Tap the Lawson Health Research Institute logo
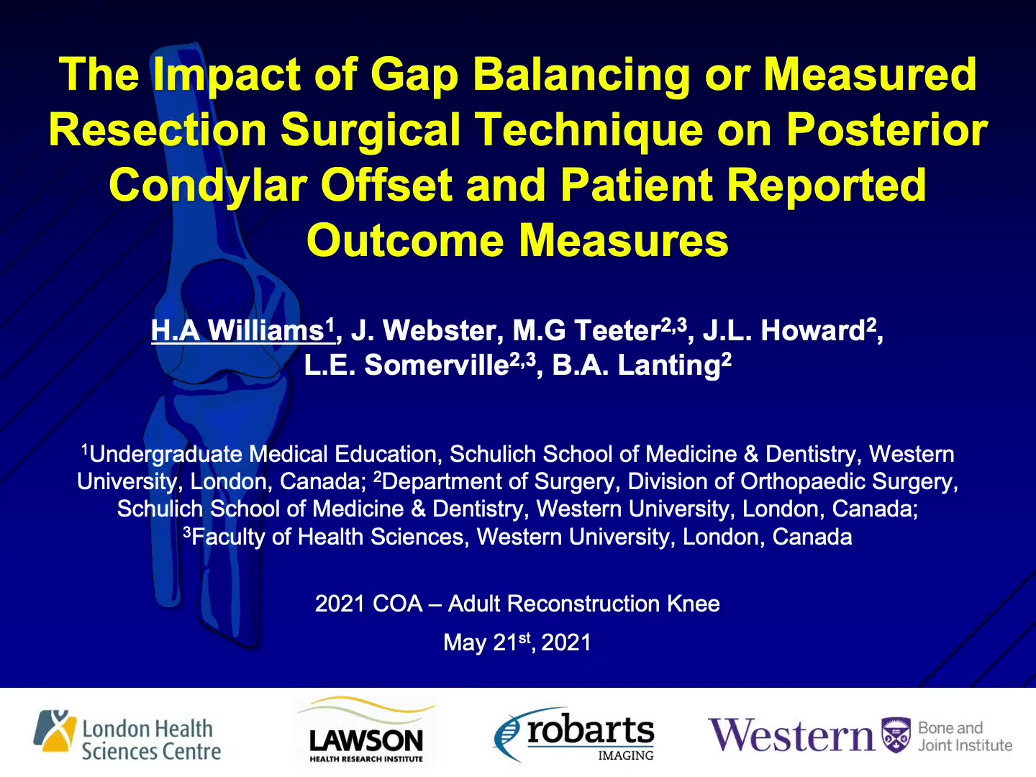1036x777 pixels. [366, 731]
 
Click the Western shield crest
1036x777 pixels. [896, 735]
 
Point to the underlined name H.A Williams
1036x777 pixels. [243, 330]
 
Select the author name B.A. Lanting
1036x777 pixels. [642, 365]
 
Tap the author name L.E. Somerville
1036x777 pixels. [420, 365]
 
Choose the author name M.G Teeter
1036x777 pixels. [600, 330]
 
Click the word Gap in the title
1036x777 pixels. [414, 76]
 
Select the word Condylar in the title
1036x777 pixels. [208, 187]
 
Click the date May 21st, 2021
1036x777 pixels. [517, 642]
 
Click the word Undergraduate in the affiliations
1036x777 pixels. [165, 455]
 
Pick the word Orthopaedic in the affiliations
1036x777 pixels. [803, 482]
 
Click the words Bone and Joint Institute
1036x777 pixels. [965, 737]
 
